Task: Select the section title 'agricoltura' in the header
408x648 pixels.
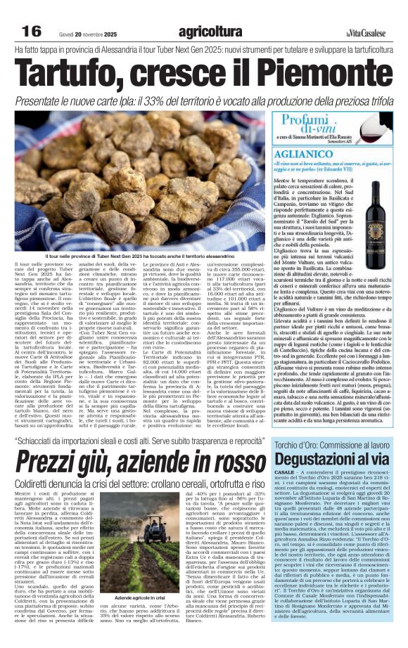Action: point(210,31)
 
